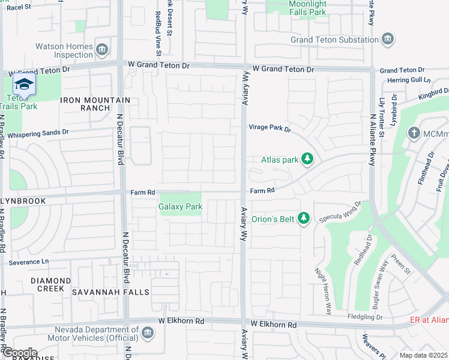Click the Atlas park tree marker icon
(307, 159)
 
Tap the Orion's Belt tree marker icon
(304, 218)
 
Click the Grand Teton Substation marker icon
(388, 40)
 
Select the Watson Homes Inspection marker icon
(102, 49)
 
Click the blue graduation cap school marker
(24, 85)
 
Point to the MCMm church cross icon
(414, 133)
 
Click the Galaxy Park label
(180, 206)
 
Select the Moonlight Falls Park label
(308, 8)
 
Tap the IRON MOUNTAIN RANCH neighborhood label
(95, 104)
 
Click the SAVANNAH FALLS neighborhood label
(110, 292)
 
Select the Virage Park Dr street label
(270, 128)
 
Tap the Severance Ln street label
(29, 262)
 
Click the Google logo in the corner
(19, 353)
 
